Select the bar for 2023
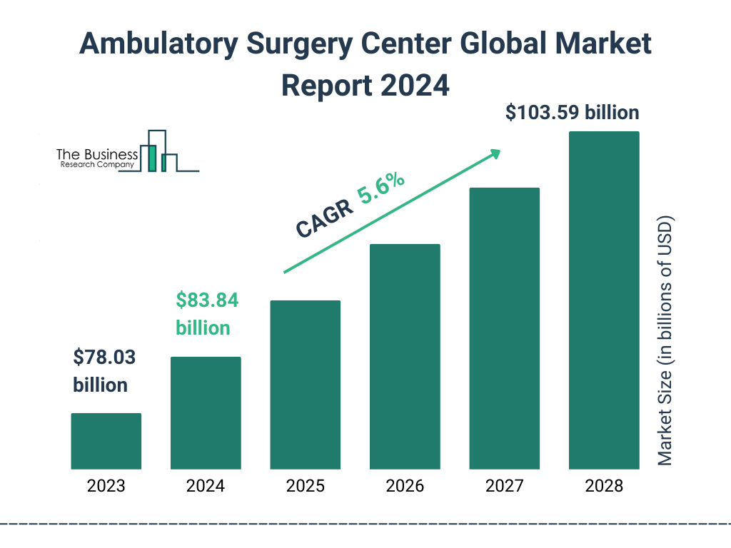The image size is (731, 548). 106,441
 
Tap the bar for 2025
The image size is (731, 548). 305,385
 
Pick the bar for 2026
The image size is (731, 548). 405,357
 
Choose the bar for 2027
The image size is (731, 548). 504,328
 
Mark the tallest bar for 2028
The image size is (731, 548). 604,300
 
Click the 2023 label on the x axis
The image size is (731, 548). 106,487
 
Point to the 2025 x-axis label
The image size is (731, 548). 305,487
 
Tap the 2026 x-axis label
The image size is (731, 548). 405,487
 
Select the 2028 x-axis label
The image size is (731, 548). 604,487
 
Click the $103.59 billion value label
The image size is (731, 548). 572,113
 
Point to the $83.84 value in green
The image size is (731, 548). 207,300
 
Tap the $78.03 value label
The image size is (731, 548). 104,357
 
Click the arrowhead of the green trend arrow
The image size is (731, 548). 495,153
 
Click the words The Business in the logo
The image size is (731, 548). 97,154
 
